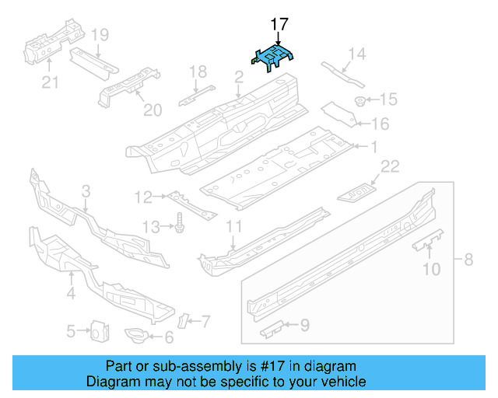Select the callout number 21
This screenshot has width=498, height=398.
click(x=50, y=82)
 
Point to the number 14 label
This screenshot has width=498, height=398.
click(x=356, y=54)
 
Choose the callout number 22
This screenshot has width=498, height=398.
click(x=389, y=165)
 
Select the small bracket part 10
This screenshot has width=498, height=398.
click(x=426, y=243)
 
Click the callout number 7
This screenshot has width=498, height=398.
click(x=205, y=319)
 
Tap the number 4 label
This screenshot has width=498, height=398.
click(x=71, y=294)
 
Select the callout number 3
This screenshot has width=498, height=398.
click(x=86, y=190)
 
